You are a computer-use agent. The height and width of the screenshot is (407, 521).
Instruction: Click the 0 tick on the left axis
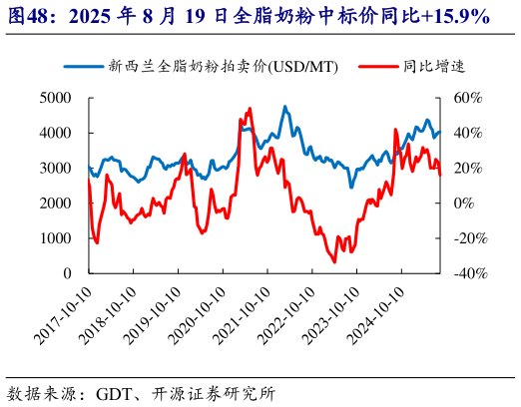67,273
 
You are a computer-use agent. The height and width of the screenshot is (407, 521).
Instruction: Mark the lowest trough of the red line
334,261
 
